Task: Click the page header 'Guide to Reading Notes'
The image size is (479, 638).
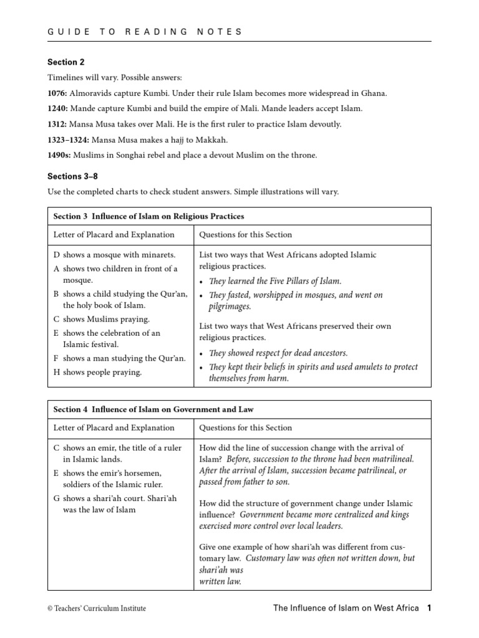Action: pos(145,31)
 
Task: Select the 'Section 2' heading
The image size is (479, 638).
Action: pos(65,62)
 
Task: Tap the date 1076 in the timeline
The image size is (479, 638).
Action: pos(57,93)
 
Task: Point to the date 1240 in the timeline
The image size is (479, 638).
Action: pos(57,108)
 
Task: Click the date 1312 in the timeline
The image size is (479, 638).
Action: pos(57,124)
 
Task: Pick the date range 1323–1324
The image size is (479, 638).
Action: pos(69,140)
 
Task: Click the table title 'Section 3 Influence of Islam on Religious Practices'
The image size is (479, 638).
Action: pos(148,216)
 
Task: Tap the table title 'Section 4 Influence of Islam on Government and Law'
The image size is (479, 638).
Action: pos(153,409)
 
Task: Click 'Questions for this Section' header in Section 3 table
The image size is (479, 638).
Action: pos(245,235)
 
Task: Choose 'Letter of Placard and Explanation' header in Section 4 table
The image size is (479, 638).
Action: pos(114,428)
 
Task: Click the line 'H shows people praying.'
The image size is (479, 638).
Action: pos(98,373)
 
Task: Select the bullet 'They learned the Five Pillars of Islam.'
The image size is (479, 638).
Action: pos(275,281)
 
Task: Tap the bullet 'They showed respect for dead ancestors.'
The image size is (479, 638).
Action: pos(278,353)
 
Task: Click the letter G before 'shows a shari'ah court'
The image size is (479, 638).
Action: pos(57,498)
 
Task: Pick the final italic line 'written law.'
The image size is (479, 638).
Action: pos(220,581)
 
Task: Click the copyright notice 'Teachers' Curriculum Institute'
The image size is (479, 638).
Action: pos(97,609)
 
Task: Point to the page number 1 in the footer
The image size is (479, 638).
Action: pos(429,608)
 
